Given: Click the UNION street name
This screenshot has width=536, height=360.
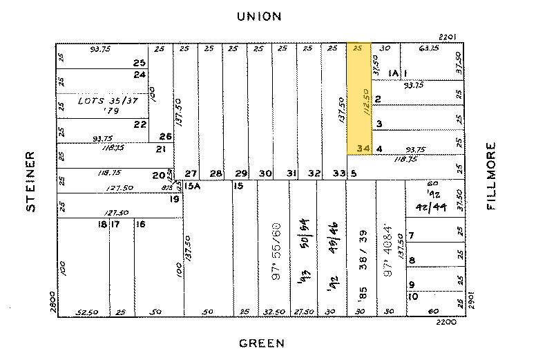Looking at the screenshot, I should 260,16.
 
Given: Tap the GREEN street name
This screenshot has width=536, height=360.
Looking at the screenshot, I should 262,343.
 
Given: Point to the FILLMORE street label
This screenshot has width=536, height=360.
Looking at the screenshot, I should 492,176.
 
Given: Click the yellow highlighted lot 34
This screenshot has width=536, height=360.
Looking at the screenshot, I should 358,99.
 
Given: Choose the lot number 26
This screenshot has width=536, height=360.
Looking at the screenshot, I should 165,136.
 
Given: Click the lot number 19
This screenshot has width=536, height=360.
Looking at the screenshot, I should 176,199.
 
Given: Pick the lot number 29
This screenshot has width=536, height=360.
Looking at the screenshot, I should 241,173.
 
